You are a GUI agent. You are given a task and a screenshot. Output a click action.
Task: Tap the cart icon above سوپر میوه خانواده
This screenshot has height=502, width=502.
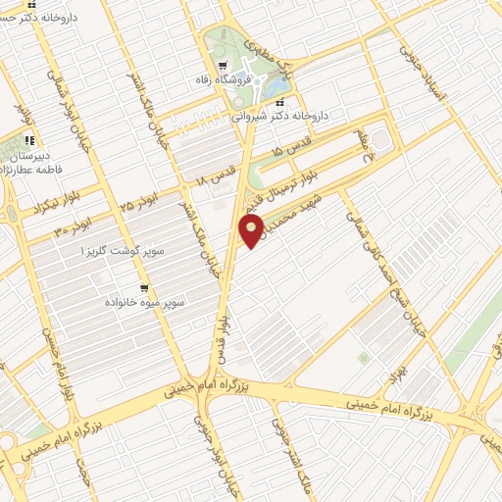(x=144, y=288)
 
